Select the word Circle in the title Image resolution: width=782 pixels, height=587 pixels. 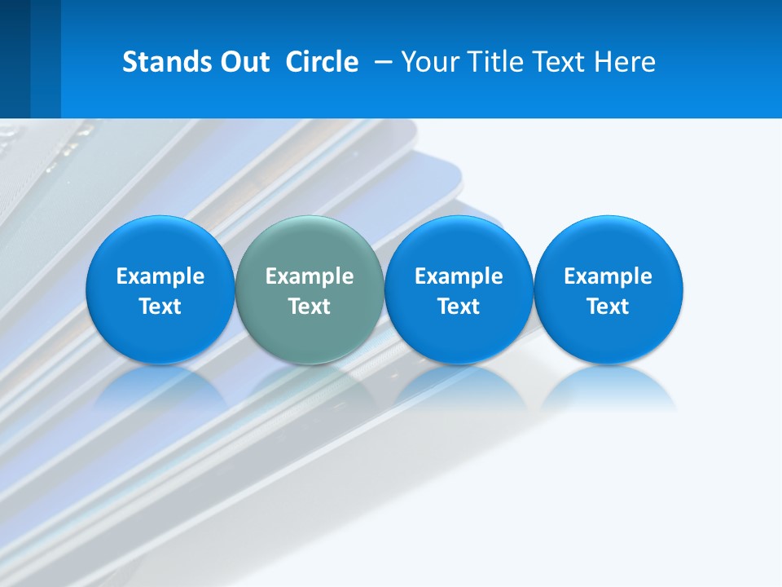tap(322, 62)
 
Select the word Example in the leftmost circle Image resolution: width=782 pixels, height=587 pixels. tap(160, 276)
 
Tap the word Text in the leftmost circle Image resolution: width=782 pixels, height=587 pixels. tap(160, 307)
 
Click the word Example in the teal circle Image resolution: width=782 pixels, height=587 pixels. tap(310, 276)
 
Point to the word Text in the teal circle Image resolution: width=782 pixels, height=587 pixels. tap(310, 307)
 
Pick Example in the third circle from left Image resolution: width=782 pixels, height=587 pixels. tap(459, 276)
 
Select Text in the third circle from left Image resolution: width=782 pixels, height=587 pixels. tap(459, 307)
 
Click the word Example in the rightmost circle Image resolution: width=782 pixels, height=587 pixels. tap(608, 276)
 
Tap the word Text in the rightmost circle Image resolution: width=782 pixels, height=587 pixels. tap(608, 307)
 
